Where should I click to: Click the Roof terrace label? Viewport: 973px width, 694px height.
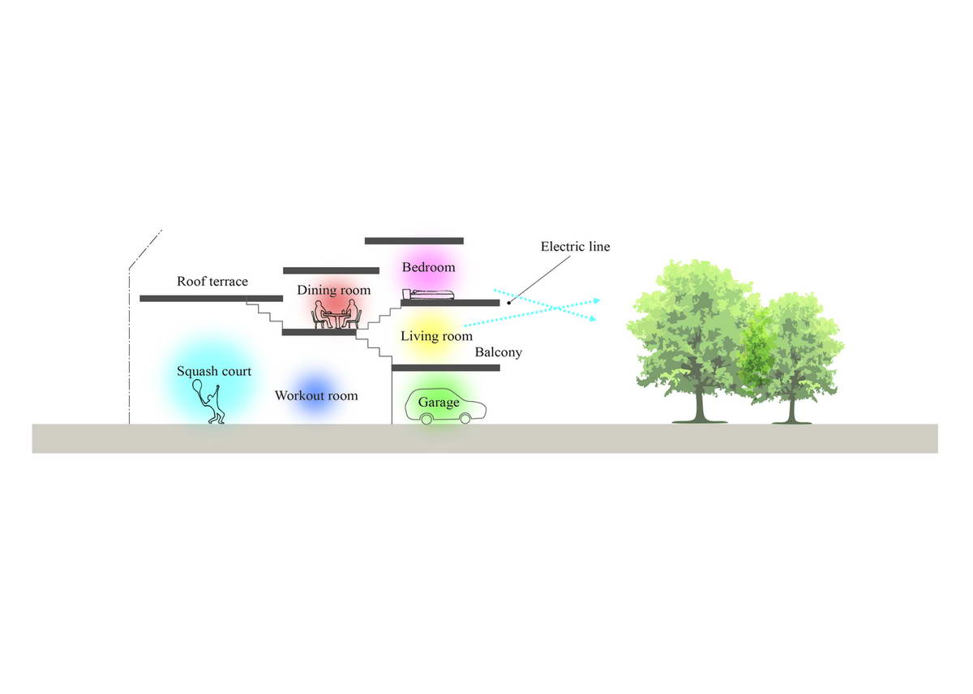[212, 282]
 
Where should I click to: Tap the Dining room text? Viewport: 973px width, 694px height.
[333, 290]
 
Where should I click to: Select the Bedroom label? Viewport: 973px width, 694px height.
[428, 267]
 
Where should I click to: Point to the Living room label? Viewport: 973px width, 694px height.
[436, 336]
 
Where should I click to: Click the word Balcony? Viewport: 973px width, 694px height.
[498, 352]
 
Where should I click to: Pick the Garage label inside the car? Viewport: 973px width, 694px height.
[439, 403]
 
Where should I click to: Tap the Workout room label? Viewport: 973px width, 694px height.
[316, 396]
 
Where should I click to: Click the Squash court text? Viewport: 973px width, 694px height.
[214, 372]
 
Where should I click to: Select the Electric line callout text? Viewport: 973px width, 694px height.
[575, 247]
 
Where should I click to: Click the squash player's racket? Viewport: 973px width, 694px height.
[198, 386]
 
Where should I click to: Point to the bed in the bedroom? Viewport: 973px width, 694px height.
[428, 295]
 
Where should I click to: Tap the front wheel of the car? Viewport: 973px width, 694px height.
[465, 419]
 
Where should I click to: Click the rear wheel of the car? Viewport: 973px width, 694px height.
[426, 419]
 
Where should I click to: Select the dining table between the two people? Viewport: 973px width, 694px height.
[336, 320]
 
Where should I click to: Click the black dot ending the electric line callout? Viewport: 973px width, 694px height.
[508, 303]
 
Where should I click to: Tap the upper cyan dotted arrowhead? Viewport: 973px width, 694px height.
[598, 300]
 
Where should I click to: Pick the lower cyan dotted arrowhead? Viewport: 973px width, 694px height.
[593, 319]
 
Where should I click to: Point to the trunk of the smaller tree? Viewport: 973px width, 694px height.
[791, 410]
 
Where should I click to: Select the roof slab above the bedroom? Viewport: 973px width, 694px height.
[414, 241]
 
